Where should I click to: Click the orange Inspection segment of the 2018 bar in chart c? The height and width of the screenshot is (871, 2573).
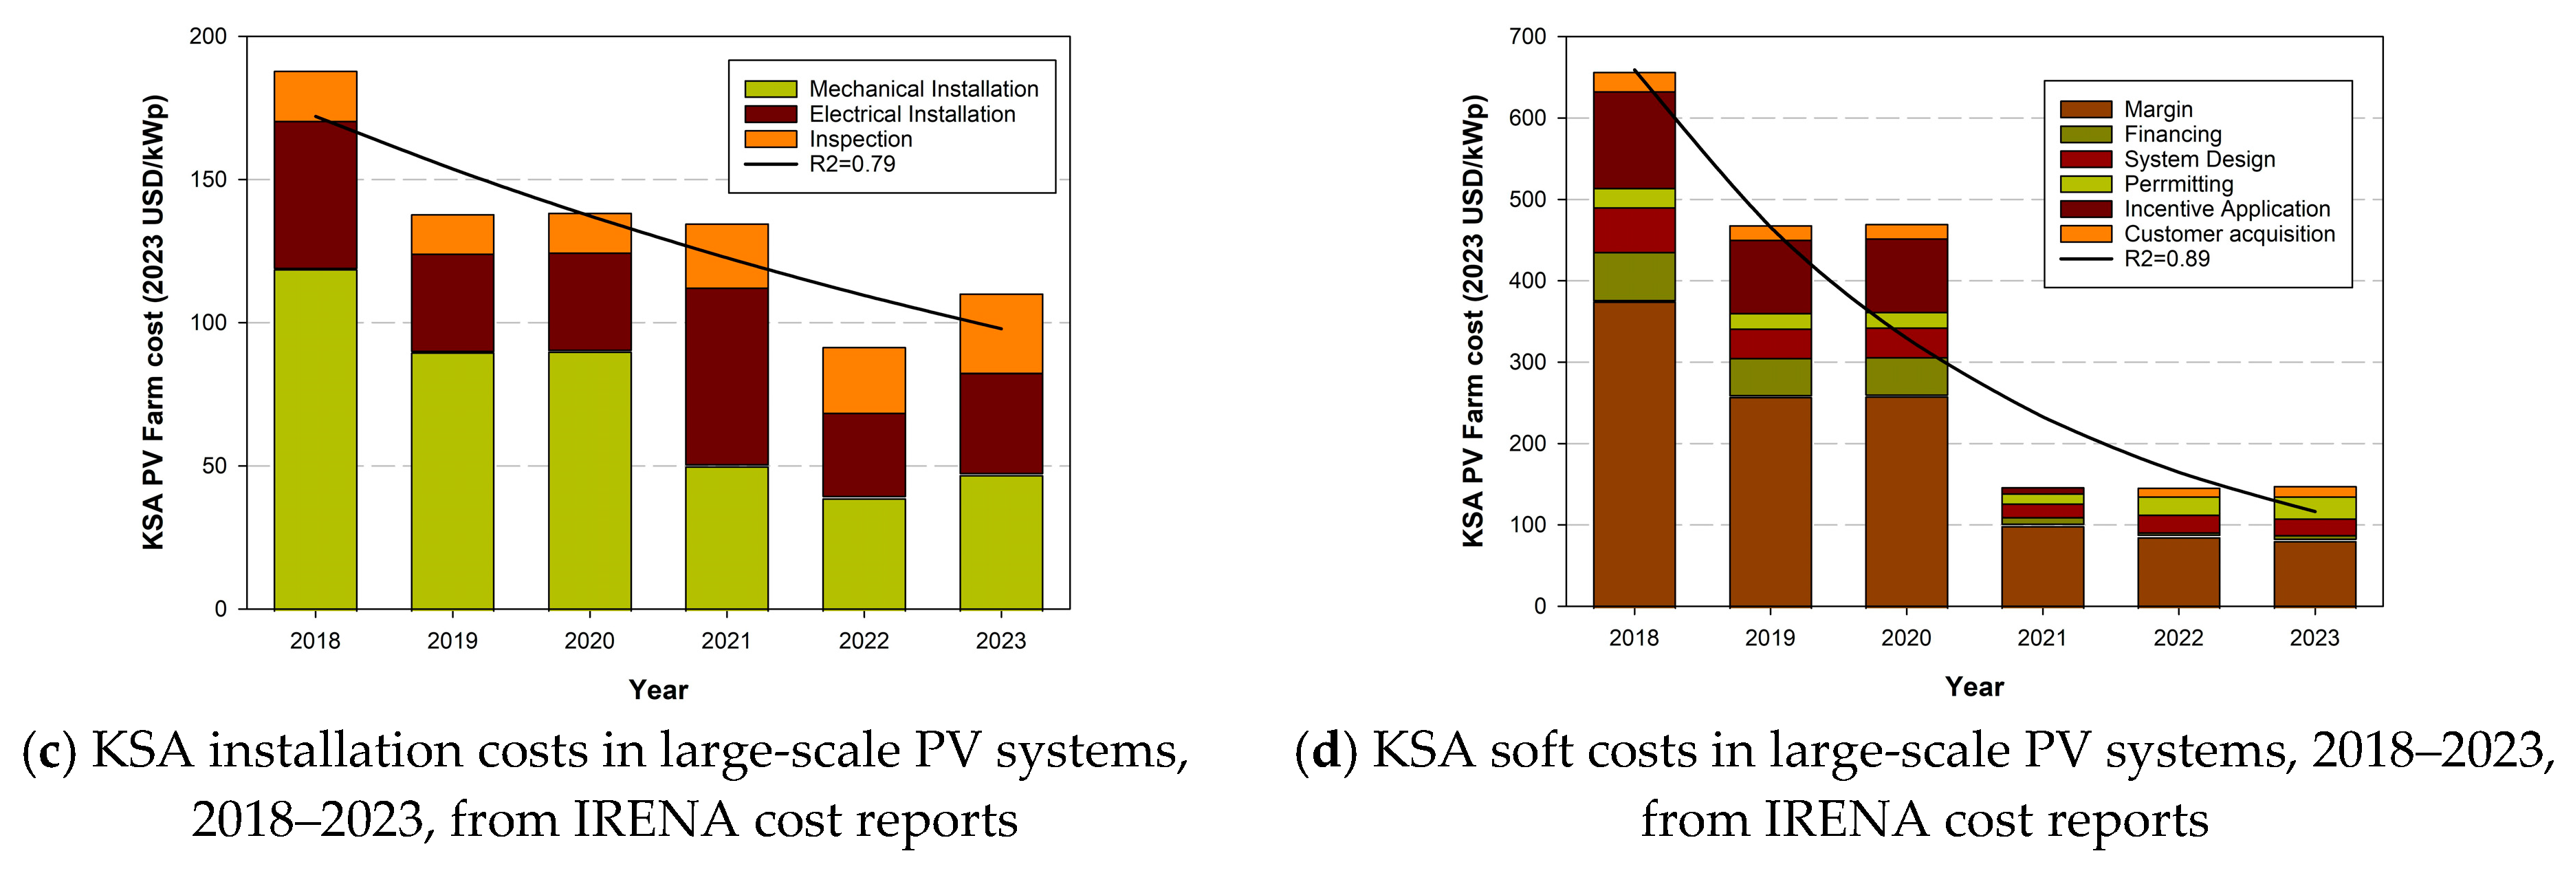tap(315, 96)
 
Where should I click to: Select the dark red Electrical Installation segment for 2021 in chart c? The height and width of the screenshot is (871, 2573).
tap(726, 376)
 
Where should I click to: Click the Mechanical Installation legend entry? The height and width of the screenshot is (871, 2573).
tap(922, 89)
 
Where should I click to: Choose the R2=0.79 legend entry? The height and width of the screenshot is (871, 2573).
tap(851, 164)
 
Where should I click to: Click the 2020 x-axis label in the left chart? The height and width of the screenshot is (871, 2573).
tap(589, 641)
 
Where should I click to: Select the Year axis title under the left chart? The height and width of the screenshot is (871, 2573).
tap(658, 689)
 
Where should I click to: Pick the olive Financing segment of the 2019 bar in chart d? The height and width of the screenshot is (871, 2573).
tap(1769, 376)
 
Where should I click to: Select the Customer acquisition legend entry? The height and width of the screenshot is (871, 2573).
tap(2229, 234)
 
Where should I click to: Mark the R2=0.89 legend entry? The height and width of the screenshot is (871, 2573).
tap(2165, 259)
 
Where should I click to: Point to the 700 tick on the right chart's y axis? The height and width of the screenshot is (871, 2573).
tap(1527, 37)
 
